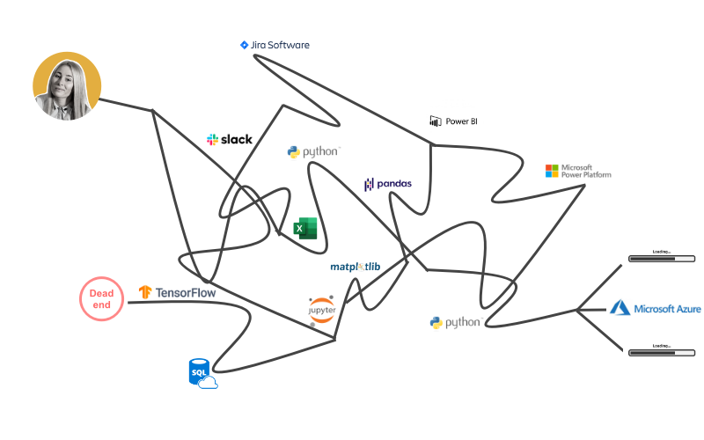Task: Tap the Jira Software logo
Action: pyautogui.click(x=275, y=45)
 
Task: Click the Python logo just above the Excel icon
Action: pyautogui.click(x=313, y=151)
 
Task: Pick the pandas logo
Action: pyautogui.click(x=388, y=184)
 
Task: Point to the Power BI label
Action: pyautogui.click(x=453, y=121)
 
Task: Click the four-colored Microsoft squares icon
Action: pyautogui.click(x=552, y=170)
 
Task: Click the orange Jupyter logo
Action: pyautogui.click(x=322, y=308)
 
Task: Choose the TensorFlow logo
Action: pyautogui.click(x=177, y=292)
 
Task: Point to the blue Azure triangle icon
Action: pyautogui.click(x=621, y=308)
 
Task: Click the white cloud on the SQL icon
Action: pyautogui.click(x=208, y=383)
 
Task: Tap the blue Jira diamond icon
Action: pyautogui.click(x=244, y=45)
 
